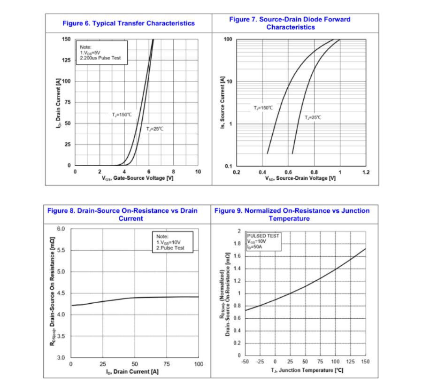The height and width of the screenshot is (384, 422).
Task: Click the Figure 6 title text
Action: [129, 23]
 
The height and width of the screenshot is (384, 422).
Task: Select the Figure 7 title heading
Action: [290, 23]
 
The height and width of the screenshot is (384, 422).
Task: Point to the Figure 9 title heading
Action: [292, 215]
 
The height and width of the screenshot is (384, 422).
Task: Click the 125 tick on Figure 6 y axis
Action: [66, 60]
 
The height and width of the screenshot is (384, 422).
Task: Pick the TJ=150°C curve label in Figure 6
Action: [122, 114]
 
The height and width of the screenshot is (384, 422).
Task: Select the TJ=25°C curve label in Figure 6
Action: [154, 129]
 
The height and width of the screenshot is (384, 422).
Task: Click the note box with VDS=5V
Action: [101, 52]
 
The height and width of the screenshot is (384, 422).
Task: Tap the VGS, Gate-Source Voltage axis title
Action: [136, 178]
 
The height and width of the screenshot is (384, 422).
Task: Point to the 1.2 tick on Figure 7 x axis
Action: [366, 172]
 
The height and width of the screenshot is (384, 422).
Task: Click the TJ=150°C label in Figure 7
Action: [263, 108]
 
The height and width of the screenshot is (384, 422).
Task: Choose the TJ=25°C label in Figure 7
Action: [313, 117]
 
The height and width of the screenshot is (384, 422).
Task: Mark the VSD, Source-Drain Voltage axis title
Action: [300, 178]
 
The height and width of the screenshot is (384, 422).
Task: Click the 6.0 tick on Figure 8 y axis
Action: [61, 229]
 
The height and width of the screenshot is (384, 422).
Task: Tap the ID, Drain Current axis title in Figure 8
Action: [135, 371]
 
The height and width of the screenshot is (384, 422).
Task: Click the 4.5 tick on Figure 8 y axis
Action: [61, 293]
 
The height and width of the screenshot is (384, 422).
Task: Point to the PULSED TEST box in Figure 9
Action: [263, 241]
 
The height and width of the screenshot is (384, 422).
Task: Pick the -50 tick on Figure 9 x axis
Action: [245, 361]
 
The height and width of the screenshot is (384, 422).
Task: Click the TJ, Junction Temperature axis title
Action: [307, 370]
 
